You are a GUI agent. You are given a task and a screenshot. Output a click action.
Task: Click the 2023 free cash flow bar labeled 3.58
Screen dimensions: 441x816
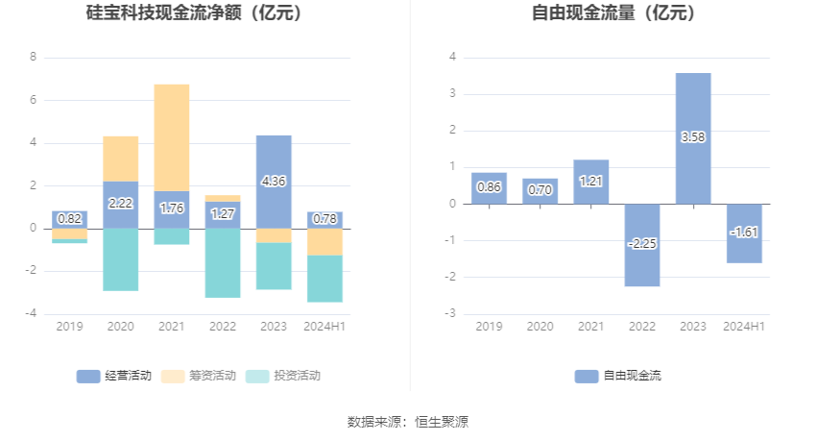(x=693, y=138)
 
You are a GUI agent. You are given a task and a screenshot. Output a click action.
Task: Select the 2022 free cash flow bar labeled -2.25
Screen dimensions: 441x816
(x=642, y=244)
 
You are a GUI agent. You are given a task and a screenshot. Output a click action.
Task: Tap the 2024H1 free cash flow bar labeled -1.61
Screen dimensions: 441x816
(x=744, y=233)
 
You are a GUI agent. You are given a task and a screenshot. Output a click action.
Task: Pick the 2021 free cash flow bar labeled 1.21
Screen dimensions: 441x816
(x=591, y=182)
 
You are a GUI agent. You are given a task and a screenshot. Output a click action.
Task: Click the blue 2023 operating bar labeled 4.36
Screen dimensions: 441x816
(x=274, y=182)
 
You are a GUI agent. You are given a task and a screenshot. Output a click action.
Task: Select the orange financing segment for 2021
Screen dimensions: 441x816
(x=172, y=137)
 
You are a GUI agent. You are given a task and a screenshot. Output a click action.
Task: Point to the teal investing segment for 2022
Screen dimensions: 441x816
(x=223, y=262)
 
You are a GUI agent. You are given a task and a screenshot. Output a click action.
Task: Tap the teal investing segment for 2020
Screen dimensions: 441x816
(x=121, y=258)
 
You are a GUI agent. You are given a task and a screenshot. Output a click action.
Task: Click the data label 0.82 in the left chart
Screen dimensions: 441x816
(x=70, y=219)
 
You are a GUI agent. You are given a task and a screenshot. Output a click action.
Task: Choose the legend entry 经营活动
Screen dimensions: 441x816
(x=114, y=376)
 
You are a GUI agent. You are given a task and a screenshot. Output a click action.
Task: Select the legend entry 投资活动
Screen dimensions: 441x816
(x=283, y=376)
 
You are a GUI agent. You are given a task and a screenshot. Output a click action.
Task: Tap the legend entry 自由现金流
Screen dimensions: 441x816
(x=619, y=376)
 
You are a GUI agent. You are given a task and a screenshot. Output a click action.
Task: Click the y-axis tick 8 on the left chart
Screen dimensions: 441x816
(x=34, y=57)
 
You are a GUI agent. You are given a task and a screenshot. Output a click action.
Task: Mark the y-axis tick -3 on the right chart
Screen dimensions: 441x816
(x=452, y=314)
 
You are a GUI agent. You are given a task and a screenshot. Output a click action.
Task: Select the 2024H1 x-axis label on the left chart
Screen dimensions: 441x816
(x=324, y=327)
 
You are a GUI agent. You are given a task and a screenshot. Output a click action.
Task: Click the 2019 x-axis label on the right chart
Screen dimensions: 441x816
(x=489, y=327)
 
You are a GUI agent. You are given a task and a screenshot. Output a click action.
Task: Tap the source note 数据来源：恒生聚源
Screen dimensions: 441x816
(x=408, y=421)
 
